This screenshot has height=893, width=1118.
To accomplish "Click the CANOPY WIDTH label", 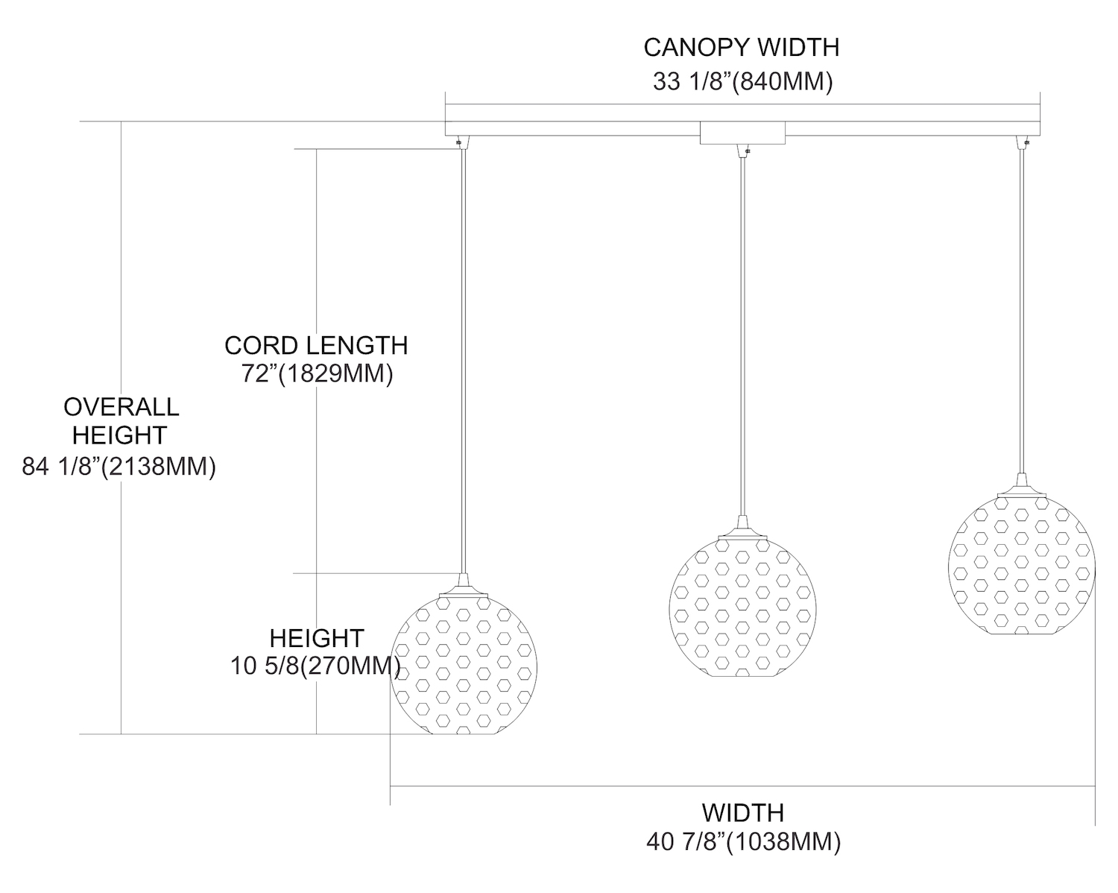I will (741, 48).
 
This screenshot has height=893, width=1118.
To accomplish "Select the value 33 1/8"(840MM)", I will (742, 81).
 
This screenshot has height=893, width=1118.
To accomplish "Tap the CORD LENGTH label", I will (316, 345).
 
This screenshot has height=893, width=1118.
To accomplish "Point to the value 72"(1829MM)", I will (317, 373).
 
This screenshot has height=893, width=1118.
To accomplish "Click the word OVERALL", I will (121, 407).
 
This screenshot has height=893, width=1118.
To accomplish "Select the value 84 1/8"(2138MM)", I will (119, 467).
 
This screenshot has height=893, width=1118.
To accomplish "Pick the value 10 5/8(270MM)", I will (315, 666).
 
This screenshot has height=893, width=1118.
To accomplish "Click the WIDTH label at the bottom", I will (742, 812).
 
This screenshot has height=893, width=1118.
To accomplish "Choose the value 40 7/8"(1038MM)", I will (744, 842).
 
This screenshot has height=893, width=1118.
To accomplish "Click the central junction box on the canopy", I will (742, 133).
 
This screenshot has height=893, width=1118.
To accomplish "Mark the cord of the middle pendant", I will (742, 335).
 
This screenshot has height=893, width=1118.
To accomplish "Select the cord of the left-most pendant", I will (464, 358).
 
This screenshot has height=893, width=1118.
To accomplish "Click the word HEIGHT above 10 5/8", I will (316, 638).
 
